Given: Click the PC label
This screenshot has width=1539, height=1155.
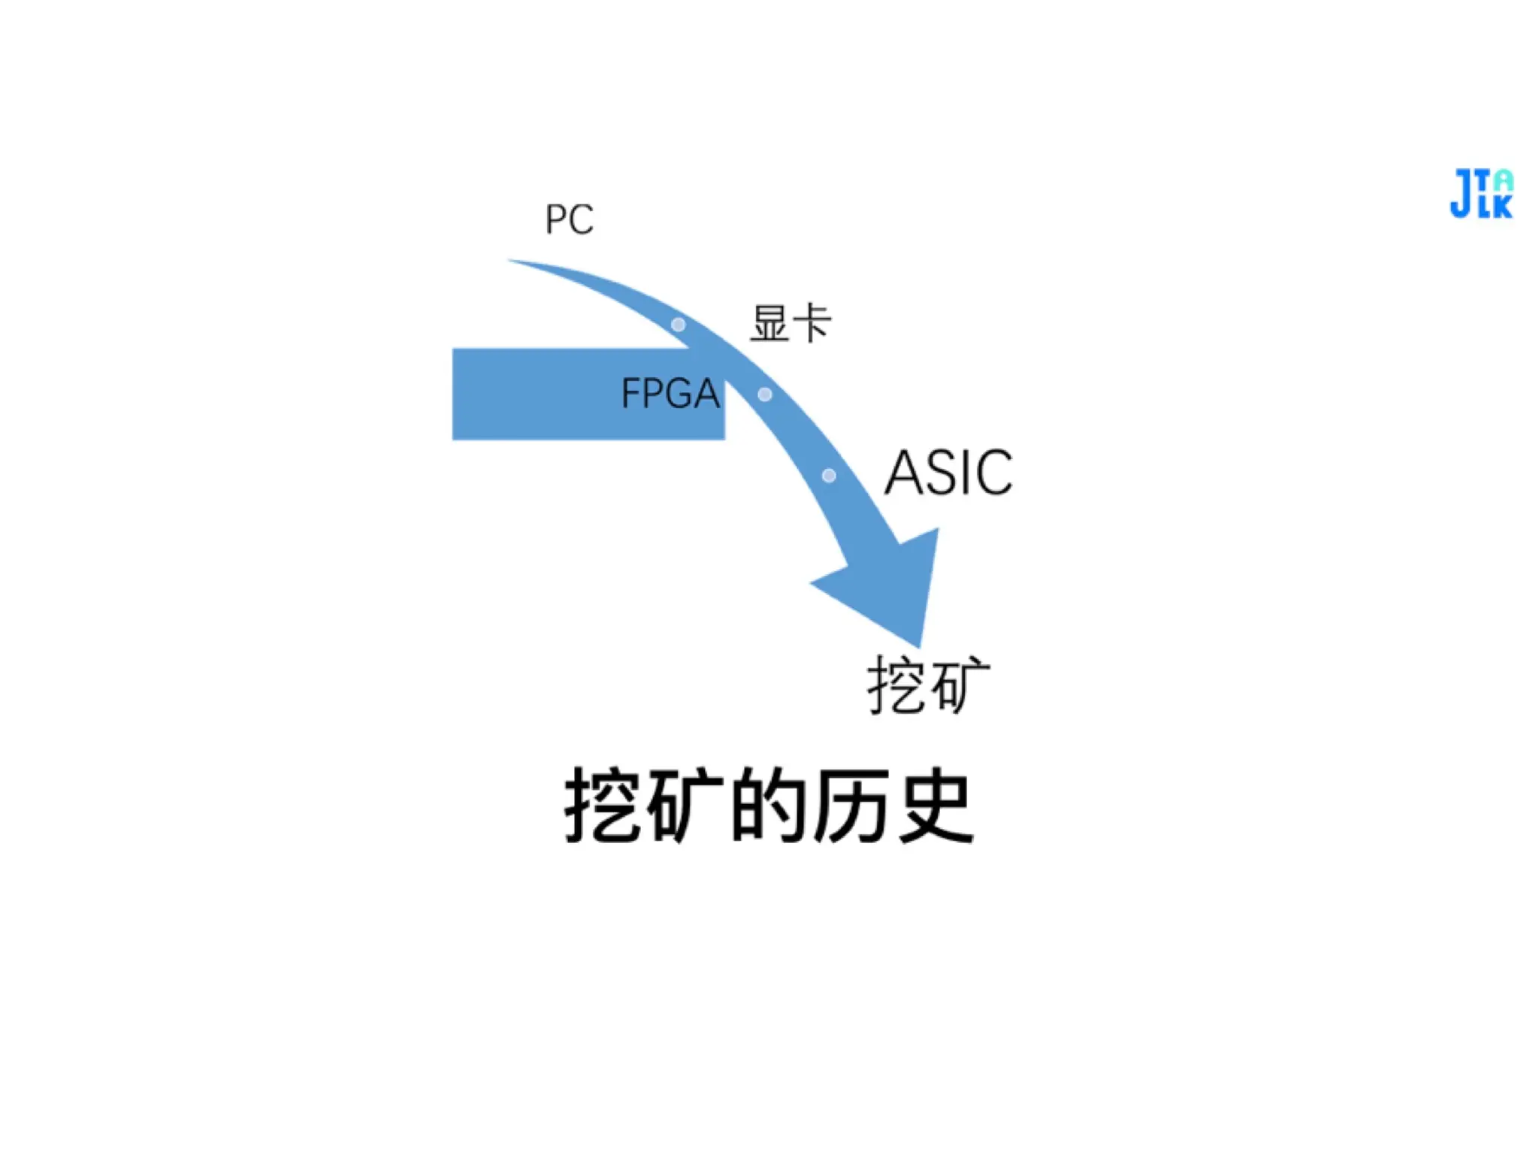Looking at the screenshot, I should [569, 219].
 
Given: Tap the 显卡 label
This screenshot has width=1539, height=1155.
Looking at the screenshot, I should [791, 324].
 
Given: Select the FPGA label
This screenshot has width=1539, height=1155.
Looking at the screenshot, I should [670, 393].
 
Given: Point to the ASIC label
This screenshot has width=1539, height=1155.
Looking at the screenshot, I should [948, 473].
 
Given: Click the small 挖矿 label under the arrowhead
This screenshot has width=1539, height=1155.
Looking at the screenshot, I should [928, 685].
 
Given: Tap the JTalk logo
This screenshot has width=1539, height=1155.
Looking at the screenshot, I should [1481, 194].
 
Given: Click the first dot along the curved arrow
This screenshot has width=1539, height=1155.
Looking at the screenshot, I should [678, 325].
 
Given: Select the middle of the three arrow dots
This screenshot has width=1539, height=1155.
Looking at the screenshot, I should [765, 395].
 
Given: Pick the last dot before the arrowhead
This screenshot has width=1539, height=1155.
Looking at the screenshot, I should [829, 476].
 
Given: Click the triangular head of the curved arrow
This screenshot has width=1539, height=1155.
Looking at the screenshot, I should [890, 582].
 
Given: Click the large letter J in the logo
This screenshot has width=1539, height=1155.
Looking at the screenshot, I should [1462, 194].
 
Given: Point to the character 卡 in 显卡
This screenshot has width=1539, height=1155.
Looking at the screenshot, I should [812, 324].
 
